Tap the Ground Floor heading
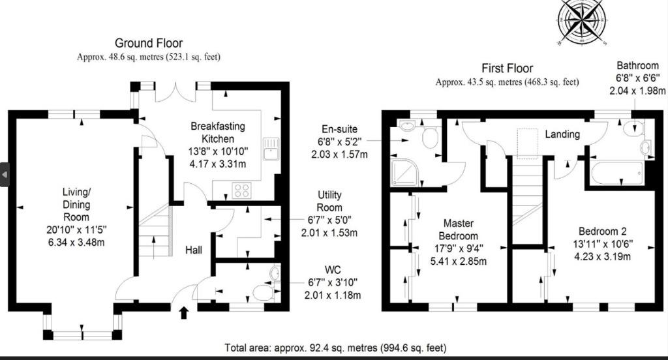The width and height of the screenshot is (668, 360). coord(149,43)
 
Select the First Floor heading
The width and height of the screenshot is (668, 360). coord(508,68)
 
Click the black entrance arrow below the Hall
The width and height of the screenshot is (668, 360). coord(183,312)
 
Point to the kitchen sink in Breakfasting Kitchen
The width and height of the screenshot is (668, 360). coord(271,148)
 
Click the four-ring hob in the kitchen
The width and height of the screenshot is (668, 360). coord(241,190)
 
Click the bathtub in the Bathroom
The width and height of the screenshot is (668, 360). coord(616,173)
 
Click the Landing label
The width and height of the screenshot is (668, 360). coord(562,134)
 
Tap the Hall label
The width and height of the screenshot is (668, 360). coord(193,250)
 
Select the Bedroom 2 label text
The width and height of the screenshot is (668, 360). coord(602,232)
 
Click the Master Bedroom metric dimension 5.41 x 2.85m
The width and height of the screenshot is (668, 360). coord(459,261)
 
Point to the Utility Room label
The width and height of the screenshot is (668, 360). coord(329,201)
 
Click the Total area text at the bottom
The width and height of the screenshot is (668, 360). coord(336,348)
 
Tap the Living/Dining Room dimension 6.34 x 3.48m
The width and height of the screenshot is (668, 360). coord(76,243)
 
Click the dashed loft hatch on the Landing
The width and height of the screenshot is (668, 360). coord(527,143)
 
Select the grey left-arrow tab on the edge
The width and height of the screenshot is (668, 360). coord(5,175)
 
